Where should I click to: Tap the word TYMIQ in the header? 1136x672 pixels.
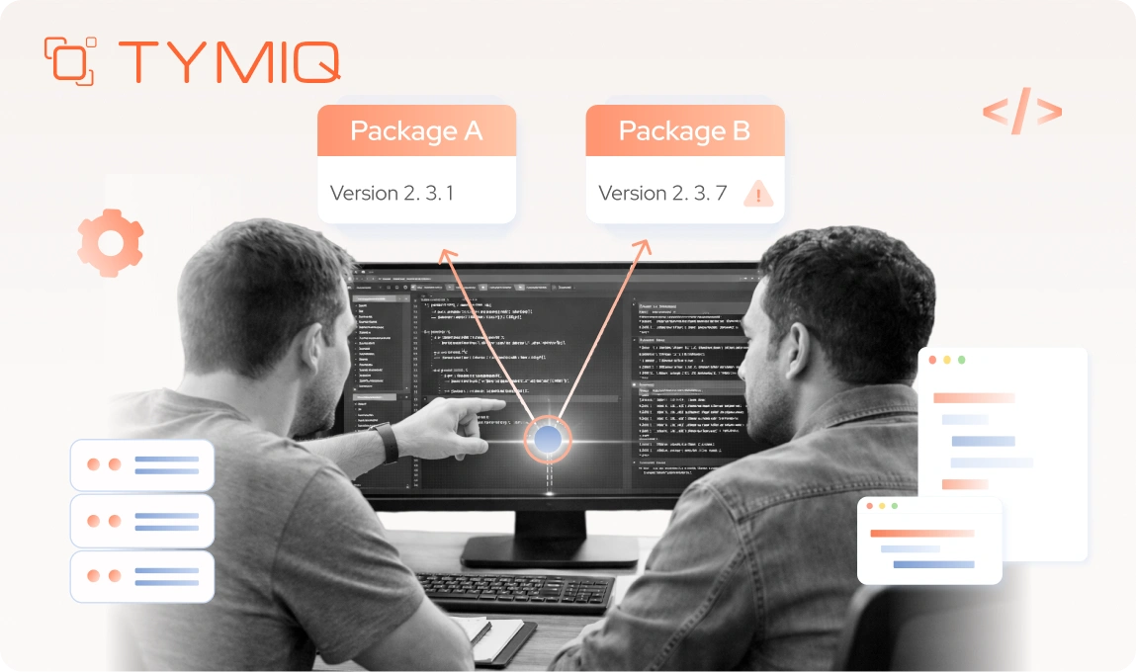click(x=229, y=61)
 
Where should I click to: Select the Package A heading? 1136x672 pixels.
click(x=416, y=130)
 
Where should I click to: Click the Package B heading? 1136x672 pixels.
click(x=684, y=130)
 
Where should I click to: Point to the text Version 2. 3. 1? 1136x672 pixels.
click(x=392, y=193)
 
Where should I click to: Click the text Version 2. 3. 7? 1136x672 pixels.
click(x=662, y=193)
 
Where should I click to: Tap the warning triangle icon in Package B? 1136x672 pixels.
click(x=758, y=193)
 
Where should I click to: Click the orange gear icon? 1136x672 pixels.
click(x=110, y=242)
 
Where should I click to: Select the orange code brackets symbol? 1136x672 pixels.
click(x=1021, y=111)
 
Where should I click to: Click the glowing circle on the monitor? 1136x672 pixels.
click(x=548, y=438)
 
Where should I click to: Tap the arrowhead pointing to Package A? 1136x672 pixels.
click(x=446, y=254)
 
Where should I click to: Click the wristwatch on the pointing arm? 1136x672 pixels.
click(x=387, y=442)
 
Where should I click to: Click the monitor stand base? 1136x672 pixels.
click(x=550, y=550)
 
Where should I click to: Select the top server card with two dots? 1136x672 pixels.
click(x=142, y=464)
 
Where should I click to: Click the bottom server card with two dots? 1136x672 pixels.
click(x=142, y=576)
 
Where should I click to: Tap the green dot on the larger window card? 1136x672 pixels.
click(x=961, y=360)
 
